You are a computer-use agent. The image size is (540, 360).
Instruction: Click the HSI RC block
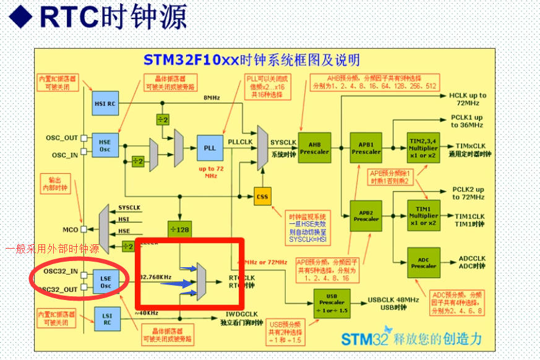pyautogui.click(x=105, y=103)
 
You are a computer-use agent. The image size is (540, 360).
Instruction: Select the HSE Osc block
pyautogui.click(x=105, y=146)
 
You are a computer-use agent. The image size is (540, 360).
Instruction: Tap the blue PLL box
pyautogui.click(x=210, y=148)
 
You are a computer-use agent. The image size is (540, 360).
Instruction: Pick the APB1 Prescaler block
pyautogui.click(x=366, y=148)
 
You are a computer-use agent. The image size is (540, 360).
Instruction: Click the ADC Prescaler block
pyautogui.click(x=423, y=262)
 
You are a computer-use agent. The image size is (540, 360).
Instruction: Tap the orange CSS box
pyautogui.click(x=262, y=197)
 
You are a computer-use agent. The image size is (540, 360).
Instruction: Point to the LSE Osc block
pyautogui.click(x=105, y=281)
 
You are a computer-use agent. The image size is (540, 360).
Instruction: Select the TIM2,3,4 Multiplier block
pyautogui.click(x=423, y=148)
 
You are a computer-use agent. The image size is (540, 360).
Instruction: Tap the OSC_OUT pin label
pyautogui.click(x=62, y=137)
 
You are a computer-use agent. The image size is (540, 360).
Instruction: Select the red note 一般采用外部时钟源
pyautogui.click(x=52, y=249)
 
